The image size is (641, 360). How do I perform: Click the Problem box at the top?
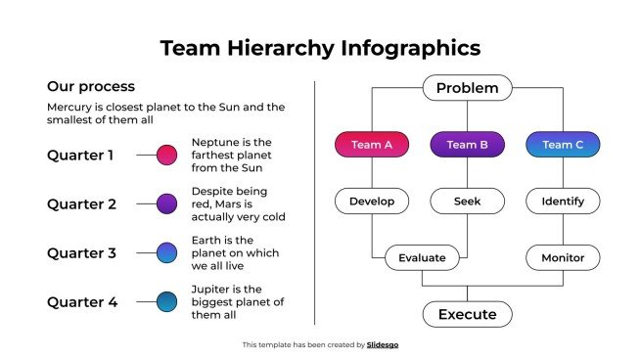[x=467, y=88]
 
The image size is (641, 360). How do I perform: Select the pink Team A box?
[x=371, y=145]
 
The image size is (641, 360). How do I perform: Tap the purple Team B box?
[x=467, y=145]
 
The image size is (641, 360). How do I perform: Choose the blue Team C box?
[x=563, y=145]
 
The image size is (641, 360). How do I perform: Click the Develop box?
[x=371, y=202]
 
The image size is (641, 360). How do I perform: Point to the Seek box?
[x=467, y=202]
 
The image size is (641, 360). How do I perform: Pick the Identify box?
[x=563, y=202]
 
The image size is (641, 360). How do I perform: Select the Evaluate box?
[x=422, y=258]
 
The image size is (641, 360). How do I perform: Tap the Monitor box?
[x=563, y=258]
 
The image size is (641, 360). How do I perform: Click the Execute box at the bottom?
[x=467, y=314]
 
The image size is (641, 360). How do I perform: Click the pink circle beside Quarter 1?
[x=167, y=155]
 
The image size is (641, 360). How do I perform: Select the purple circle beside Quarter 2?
[x=167, y=203]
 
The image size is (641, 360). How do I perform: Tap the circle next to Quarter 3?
[x=167, y=252]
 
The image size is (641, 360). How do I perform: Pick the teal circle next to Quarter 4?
[x=167, y=302]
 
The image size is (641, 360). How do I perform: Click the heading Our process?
[x=91, y=87]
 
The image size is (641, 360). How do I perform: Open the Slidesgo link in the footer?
[x=383, y=344]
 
